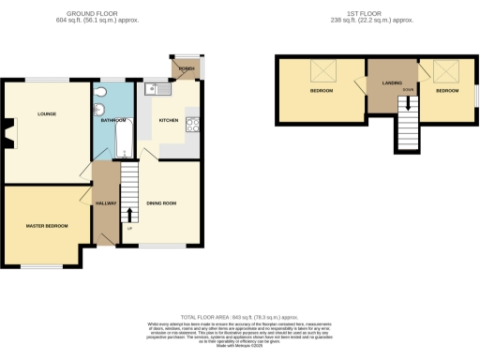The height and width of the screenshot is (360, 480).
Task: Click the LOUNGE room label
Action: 47,114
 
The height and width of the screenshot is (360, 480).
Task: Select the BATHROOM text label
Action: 112,120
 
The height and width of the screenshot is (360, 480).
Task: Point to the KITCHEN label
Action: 168,120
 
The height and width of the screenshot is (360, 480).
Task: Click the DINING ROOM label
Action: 161,202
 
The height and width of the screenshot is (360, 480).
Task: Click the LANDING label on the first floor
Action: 393,82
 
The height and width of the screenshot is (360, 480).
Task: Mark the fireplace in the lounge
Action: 8,133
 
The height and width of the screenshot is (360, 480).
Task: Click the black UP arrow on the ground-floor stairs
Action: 129,215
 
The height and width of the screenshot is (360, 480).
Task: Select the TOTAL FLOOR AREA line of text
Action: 239,318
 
